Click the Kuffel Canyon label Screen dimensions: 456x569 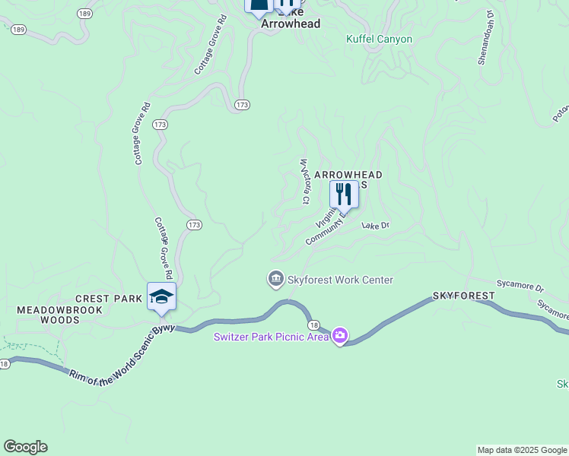point(379,39)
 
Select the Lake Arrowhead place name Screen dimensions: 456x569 point(291,23)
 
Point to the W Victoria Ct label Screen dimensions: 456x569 point(304,181)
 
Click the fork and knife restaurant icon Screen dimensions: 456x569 point(344,195)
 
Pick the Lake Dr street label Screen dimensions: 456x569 point(375,226)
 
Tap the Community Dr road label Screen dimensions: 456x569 point(326,228)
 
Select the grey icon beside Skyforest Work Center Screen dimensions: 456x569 point(275,280)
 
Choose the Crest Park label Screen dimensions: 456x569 point(109,299)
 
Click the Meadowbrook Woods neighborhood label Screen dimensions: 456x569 point(48,315)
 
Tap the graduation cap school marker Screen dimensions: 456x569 point(161,296)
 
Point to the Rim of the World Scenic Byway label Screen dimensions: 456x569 point(122,354)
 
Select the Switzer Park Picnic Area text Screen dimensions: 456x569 point(270,337)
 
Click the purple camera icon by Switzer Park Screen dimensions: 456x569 point(340,335)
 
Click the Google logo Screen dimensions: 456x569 point(25,447)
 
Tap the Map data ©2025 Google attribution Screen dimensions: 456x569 point(522,450)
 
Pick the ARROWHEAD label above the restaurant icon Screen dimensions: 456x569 point(348,175)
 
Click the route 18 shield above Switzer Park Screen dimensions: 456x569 point(315,324)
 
